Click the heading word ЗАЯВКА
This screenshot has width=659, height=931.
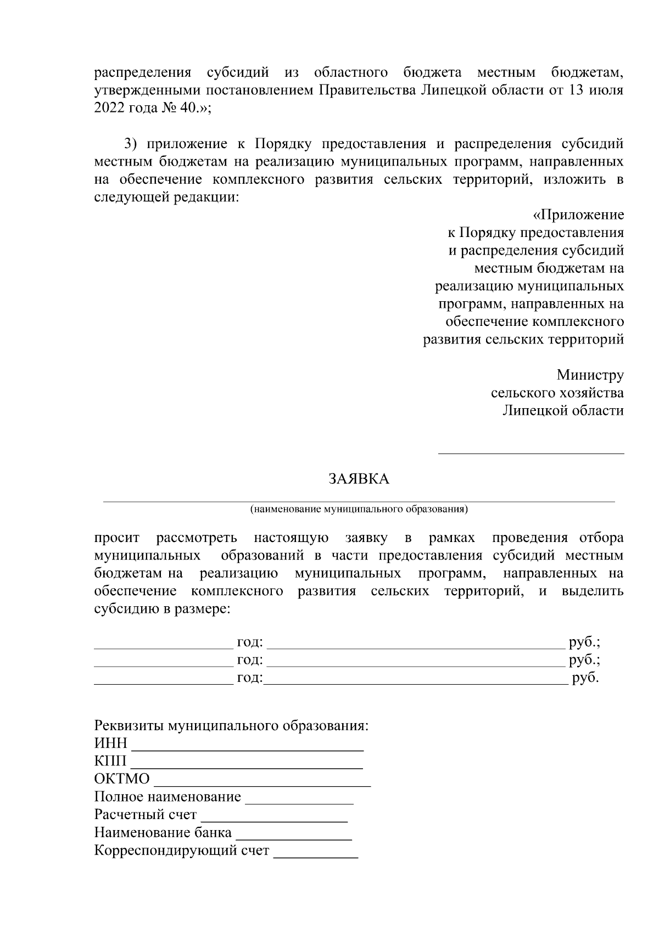tap(359, 479)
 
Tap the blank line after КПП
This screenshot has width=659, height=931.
tap(247, 766)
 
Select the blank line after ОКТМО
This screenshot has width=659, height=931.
tap(263, 785)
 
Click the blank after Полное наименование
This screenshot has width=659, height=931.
tap(299, 802)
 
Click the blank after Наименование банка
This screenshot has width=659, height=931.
tap(293, 838)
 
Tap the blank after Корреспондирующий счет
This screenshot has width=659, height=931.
tap(316, 856)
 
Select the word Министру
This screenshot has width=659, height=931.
tap(590, 375)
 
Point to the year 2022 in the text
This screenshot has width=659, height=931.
tap(109, 108)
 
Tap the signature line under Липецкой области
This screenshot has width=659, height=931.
tap(530, 453)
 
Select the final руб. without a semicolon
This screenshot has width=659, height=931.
tap(585, 678)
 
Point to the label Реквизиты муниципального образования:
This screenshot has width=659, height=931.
tap(231, 726)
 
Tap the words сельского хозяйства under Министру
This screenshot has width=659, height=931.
tap(557, 393)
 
